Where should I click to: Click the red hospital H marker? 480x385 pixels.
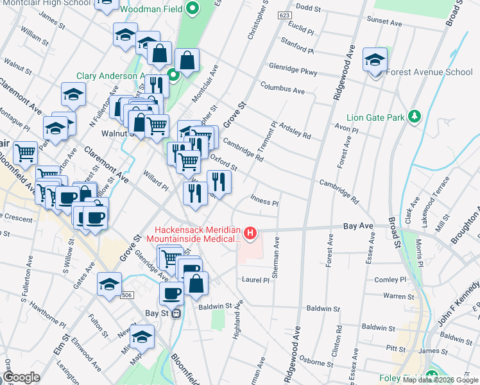click(x=251, y=232)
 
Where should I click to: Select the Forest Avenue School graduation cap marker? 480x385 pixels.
click(x=375, y=61)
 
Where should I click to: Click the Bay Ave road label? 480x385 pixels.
click(x=358, y=227)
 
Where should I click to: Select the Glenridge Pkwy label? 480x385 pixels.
click(x=293, y=69)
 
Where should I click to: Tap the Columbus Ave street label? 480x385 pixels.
click(x=282, y=88)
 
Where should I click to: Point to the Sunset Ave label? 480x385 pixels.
click(x=384, y=22)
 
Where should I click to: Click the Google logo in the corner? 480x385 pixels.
click(x=21, y=377)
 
